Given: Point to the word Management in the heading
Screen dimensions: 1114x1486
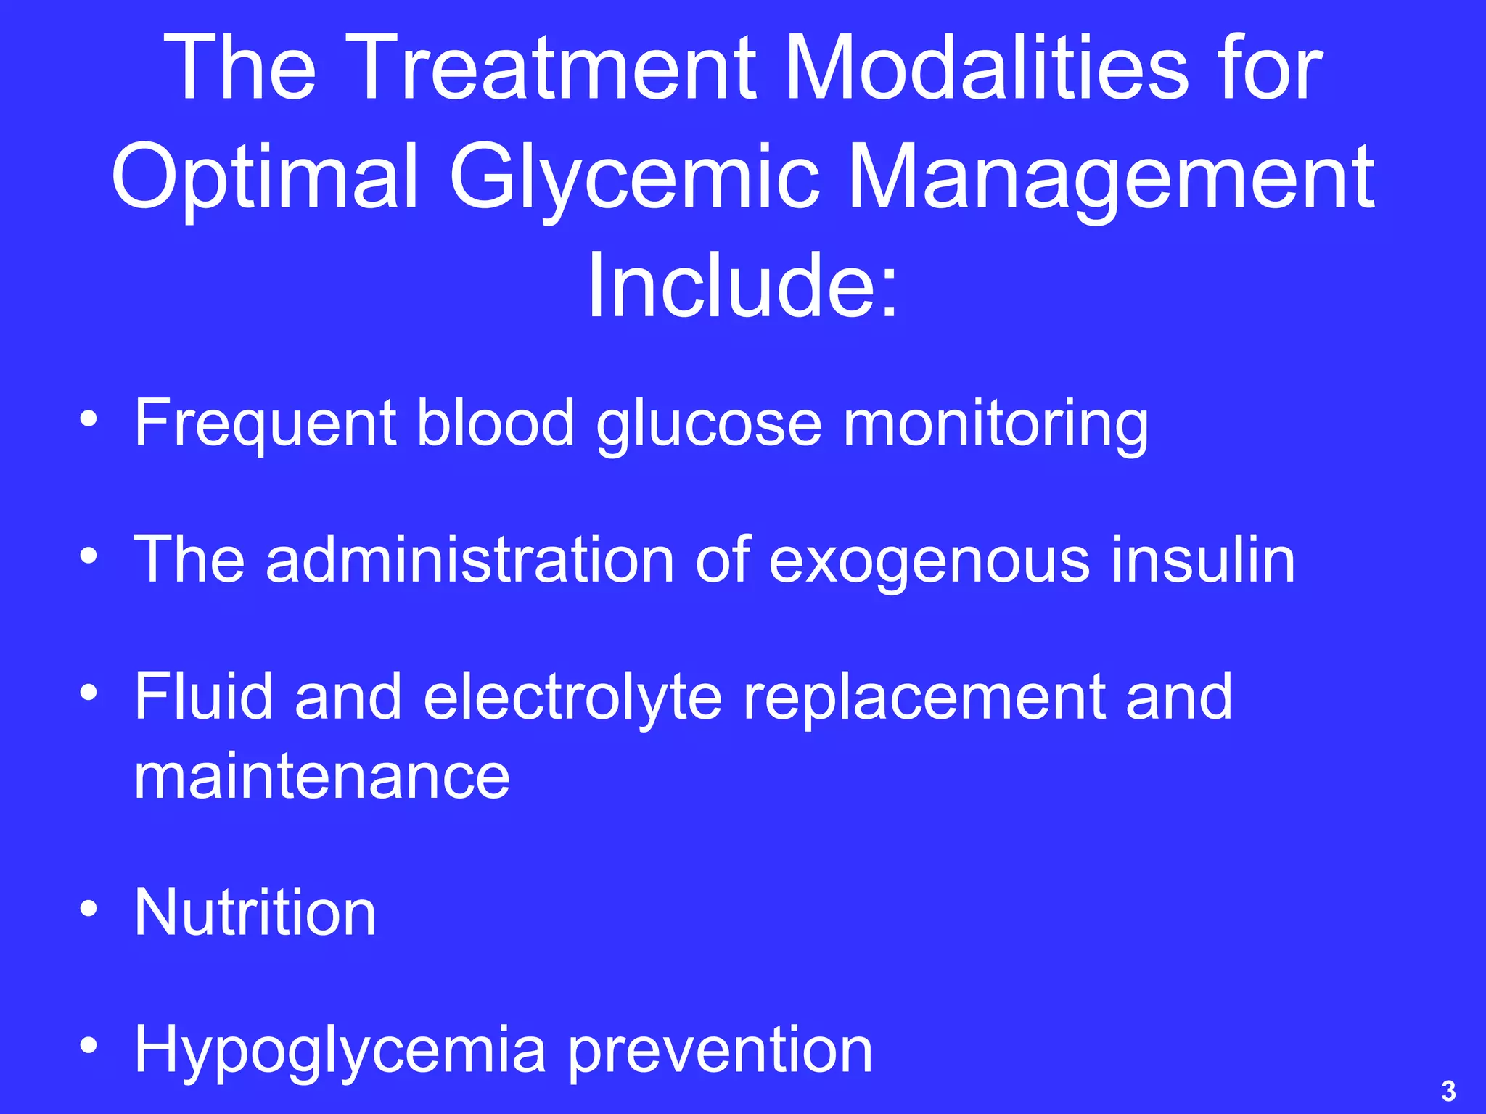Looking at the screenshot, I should click(1110, 178).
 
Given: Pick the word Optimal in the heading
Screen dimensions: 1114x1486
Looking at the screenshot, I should click(266, 178).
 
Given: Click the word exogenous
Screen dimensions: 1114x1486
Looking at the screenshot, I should click(929, 561).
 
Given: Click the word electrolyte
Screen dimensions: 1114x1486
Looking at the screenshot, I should click(572, 697).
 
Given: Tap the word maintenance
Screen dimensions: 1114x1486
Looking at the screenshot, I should click(322, 777).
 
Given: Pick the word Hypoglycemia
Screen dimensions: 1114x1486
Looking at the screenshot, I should click(340, 1051).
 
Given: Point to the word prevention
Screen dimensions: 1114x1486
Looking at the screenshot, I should click(720, 1051).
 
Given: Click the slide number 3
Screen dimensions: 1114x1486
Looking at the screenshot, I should click(1448, 1091).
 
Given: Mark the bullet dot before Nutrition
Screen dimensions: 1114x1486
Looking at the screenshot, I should click(89, 909).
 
